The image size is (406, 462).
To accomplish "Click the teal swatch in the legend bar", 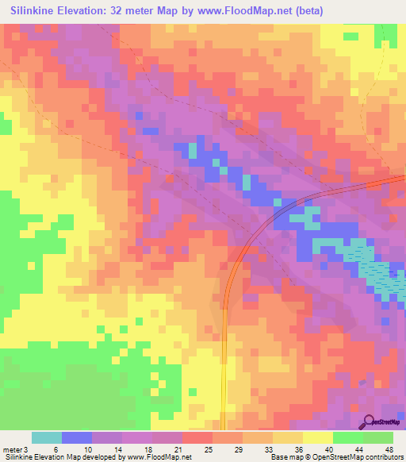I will pyautogui.click(x=47, y=437).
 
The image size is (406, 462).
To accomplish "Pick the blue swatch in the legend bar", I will pyautogui.click(x=77, y=437).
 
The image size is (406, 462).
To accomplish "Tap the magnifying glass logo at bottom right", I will pyautogui.click(x=369, y=422).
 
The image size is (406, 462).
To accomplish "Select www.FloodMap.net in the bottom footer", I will pyautogui.click(x=158, y=457).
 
